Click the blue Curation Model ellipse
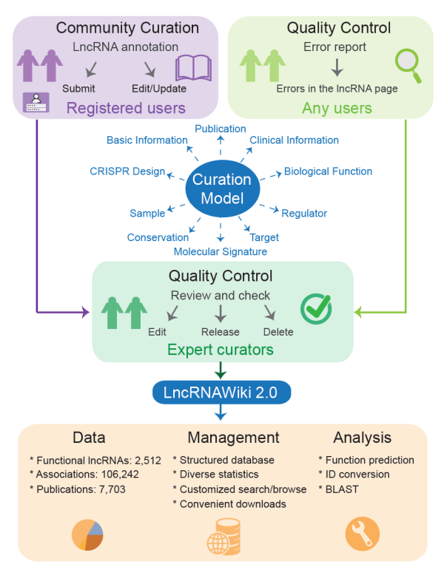[x=221, y=189]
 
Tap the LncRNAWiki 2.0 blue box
[x=221, y=392]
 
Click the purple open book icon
[x=193, y=67]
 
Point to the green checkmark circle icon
[x=315, y=309]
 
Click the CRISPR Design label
[x=127, y=172]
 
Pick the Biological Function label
[x=328, y=172]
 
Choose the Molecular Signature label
[x=221, y=251]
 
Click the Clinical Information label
[x=294, y=140]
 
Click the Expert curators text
[x=221, y=349]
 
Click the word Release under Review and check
[x=220, y=332]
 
